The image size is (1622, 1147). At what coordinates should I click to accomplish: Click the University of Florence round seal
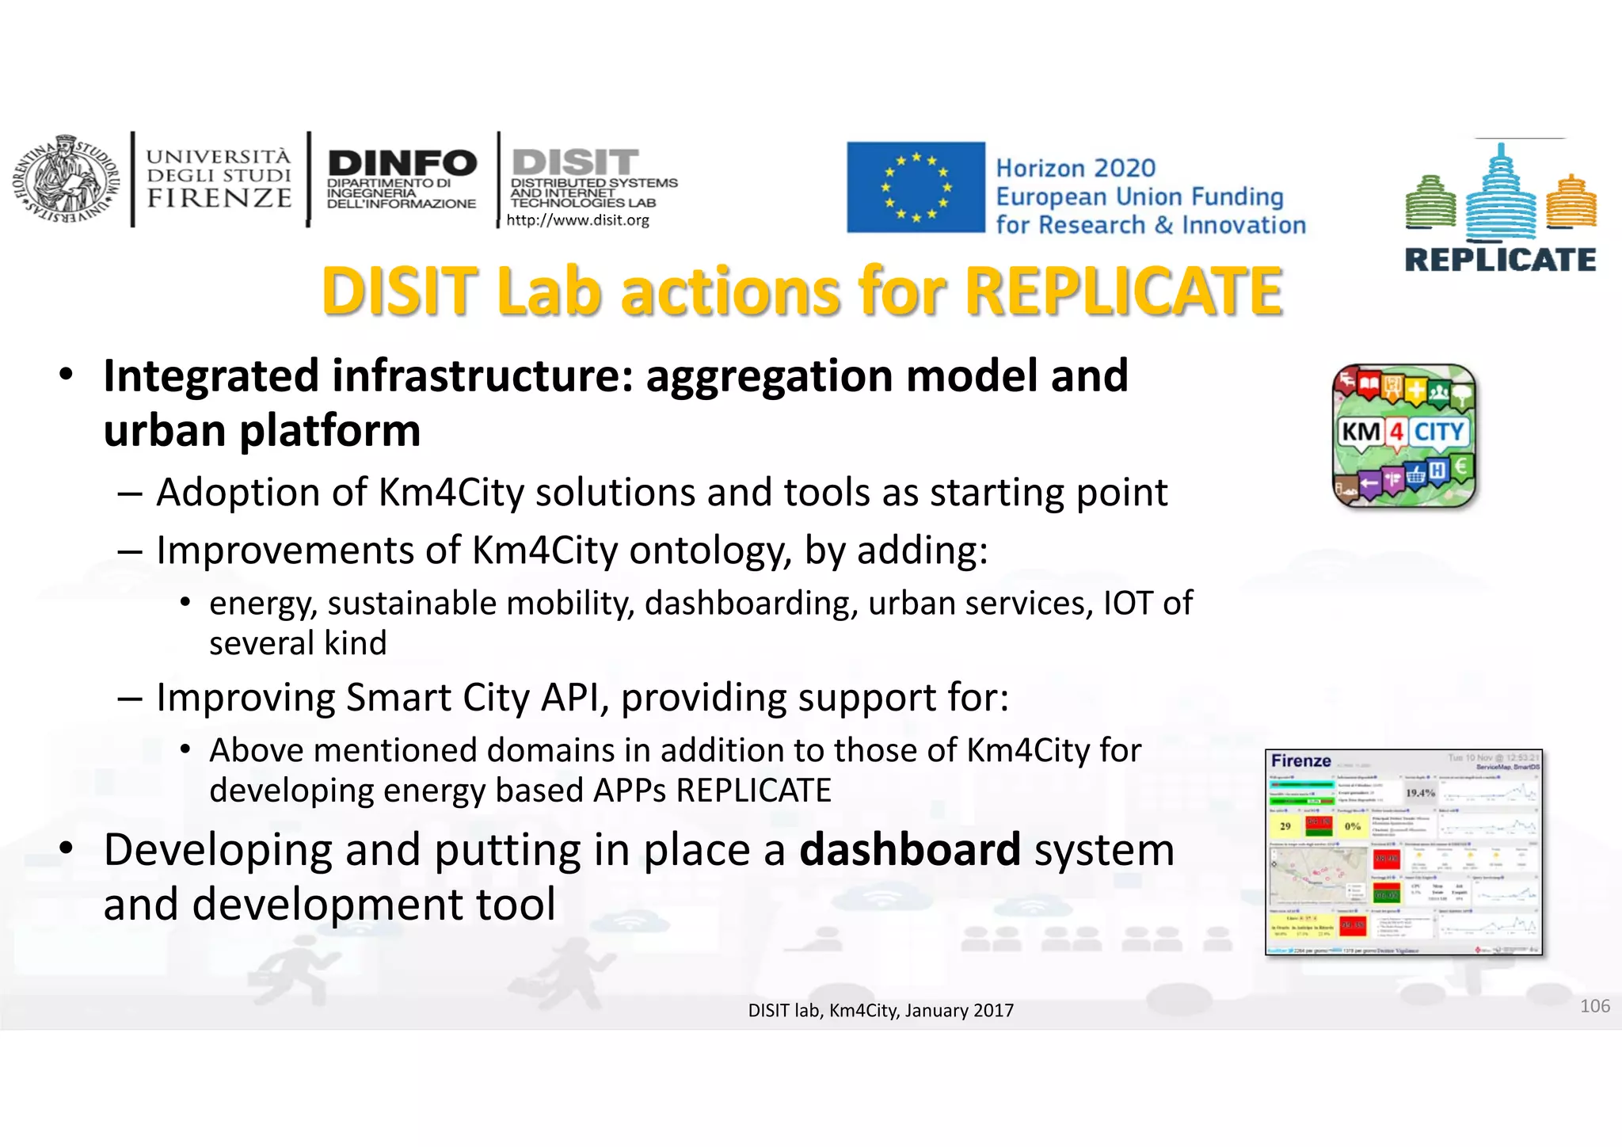[63, 180]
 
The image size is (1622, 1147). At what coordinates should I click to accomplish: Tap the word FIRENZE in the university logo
[219, 198]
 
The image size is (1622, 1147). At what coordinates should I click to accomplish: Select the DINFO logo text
[402, 163]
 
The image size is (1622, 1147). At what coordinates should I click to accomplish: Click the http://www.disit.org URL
[577, 220]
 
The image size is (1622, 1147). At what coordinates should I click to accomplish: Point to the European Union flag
[916, 187]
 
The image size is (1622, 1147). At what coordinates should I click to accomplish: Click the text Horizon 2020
[1075, 168]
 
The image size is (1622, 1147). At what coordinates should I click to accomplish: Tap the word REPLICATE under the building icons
[1500, 260]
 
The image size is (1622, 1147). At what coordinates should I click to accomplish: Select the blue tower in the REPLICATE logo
[1500, 194]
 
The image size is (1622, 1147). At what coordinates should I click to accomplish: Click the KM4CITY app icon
[1404, 436]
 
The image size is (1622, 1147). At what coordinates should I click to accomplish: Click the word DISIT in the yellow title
[399, 292]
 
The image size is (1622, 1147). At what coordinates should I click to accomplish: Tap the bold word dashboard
[909, 850]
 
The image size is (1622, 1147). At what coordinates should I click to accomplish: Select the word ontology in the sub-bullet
[710, 550]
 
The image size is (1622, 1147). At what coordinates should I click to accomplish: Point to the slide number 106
[1594, 1006]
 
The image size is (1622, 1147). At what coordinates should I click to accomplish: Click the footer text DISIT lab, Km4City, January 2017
[881, 1011]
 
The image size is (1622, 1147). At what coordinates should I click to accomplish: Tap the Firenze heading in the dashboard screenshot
[1300, 761]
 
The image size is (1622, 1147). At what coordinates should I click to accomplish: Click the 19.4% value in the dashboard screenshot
[1420, 792]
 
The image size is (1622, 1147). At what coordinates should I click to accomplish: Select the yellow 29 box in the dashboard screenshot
[1285, 826]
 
